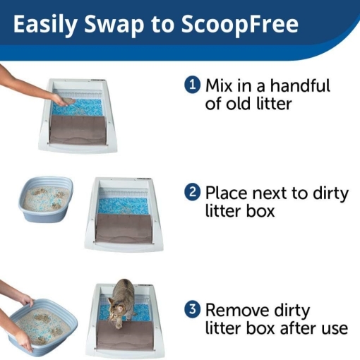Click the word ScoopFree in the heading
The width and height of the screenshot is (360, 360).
click(239, 25)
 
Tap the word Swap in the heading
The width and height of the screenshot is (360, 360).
click(114, 25)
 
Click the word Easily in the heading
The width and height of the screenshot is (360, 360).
click(45, 25)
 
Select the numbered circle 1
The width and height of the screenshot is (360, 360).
click(193, 85)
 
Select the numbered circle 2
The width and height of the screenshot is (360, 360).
click(193, 193)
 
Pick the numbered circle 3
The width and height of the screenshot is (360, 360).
click(193, 309)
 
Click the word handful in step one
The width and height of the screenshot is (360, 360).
click(300, 85)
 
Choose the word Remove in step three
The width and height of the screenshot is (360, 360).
click(237, 310)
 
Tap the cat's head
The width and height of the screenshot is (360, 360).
click(116, 306)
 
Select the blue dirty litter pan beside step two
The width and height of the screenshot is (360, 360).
click(46, 199)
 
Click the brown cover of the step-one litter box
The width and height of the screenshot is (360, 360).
click(78, 129)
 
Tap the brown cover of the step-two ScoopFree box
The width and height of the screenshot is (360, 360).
click(124, 228)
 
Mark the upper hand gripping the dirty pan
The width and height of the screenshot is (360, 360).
click(27, 301)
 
